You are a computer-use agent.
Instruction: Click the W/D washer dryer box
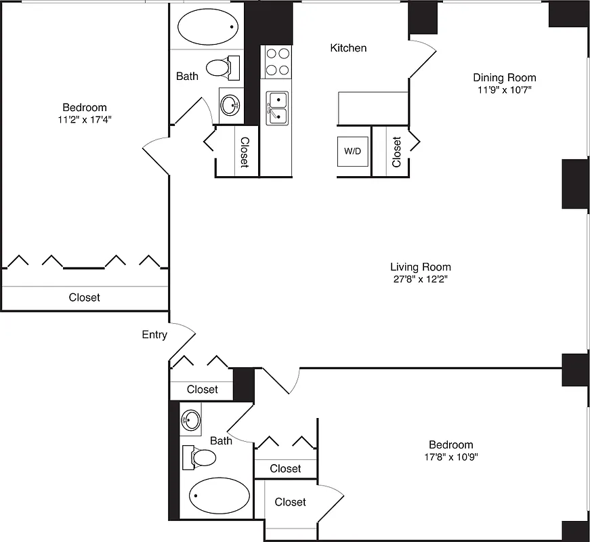(x=352, y=152)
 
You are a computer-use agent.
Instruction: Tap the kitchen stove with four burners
(x=277, y=61)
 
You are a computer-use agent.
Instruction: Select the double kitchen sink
(x=277, y=108)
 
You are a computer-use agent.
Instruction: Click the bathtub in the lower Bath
(x=217, y=495)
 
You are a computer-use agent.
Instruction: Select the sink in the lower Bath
(x=191, y=421)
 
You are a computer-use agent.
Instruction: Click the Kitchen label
(x=348, y=48)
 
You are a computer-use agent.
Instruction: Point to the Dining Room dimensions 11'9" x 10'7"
(x=504, y=90)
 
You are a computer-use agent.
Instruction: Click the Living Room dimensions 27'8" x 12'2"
(x=420, y=279)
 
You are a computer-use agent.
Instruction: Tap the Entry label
(x=154, y=335)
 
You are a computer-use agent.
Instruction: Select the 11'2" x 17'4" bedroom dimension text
(x=85, y=120)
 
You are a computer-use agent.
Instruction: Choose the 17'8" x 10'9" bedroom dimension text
(x=450, y=457)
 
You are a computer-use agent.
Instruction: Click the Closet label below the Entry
(x=202, y=390)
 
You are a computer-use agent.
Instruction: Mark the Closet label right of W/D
(x=396, y=152)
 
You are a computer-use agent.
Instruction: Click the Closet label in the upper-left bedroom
(x=85, y=297)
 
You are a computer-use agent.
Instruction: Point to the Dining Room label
(x=504, y=78)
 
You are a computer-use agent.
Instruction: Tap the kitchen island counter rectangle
(x=373, y=108)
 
